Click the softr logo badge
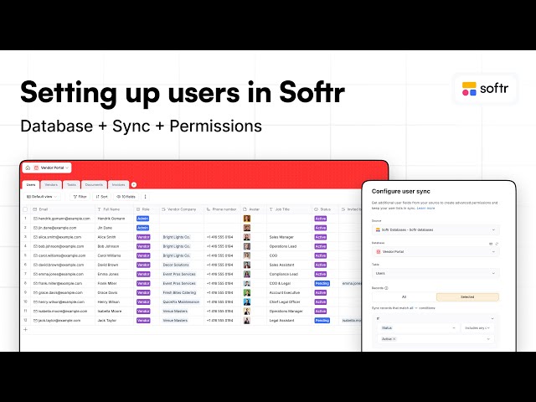click(x=487, y=88)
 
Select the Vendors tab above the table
click(x=51, y=184)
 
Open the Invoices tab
click(x=118, y=184)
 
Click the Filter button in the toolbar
click(x=80, y=196)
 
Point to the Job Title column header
click(x=280, y=209)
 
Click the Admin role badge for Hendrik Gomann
click(x=143, y=218)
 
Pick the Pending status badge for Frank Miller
click(x=322, y=283)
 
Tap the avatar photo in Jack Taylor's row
click(x=247, y=320)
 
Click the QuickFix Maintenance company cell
click(x=181, y=301)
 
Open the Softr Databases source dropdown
click(x=435, y=229)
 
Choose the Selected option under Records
click(x=466, y=296)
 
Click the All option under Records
click(x=404, y=296)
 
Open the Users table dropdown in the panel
click(x=435, y=273)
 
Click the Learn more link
click(x=425, y=208)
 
